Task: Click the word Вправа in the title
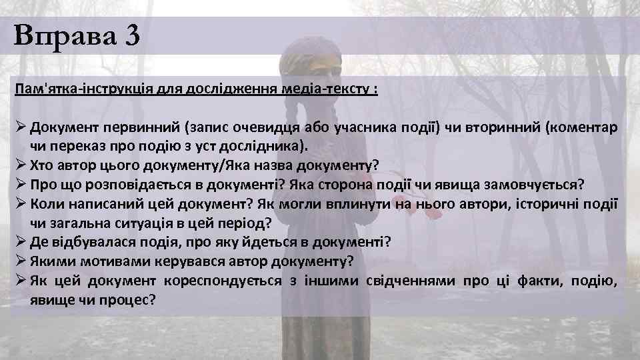click(x=63, y=35)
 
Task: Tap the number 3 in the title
click(x=131, y=35)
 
